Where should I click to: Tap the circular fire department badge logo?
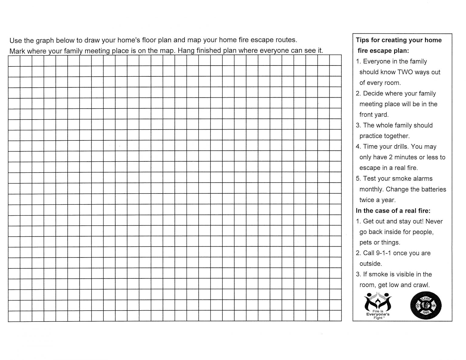coord(426,306)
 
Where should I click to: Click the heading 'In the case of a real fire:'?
coord(393,210)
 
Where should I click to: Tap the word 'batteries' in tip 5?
coord(433,189)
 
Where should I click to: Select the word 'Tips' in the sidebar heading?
coord(362,40)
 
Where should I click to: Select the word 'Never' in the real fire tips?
coord(434,221)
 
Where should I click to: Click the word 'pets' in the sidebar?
coord(366,243)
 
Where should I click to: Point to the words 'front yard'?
coord(374,115)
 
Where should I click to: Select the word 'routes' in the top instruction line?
coord(285,40)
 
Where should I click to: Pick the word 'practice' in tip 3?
coord(371,136)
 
